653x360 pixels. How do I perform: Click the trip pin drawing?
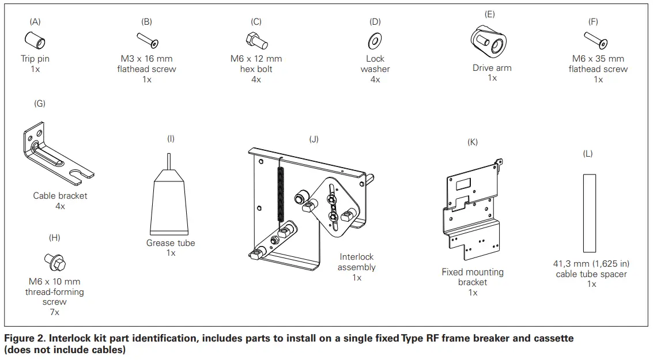35,41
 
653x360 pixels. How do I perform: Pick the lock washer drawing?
375,41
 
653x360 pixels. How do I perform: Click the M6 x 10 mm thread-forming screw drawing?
55,263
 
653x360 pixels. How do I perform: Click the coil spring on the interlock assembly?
280,190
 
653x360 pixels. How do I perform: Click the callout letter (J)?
314,139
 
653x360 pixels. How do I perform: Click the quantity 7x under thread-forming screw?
54,312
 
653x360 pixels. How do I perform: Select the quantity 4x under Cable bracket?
60,206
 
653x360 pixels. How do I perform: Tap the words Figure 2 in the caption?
23,338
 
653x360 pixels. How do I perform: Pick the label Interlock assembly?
357,262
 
